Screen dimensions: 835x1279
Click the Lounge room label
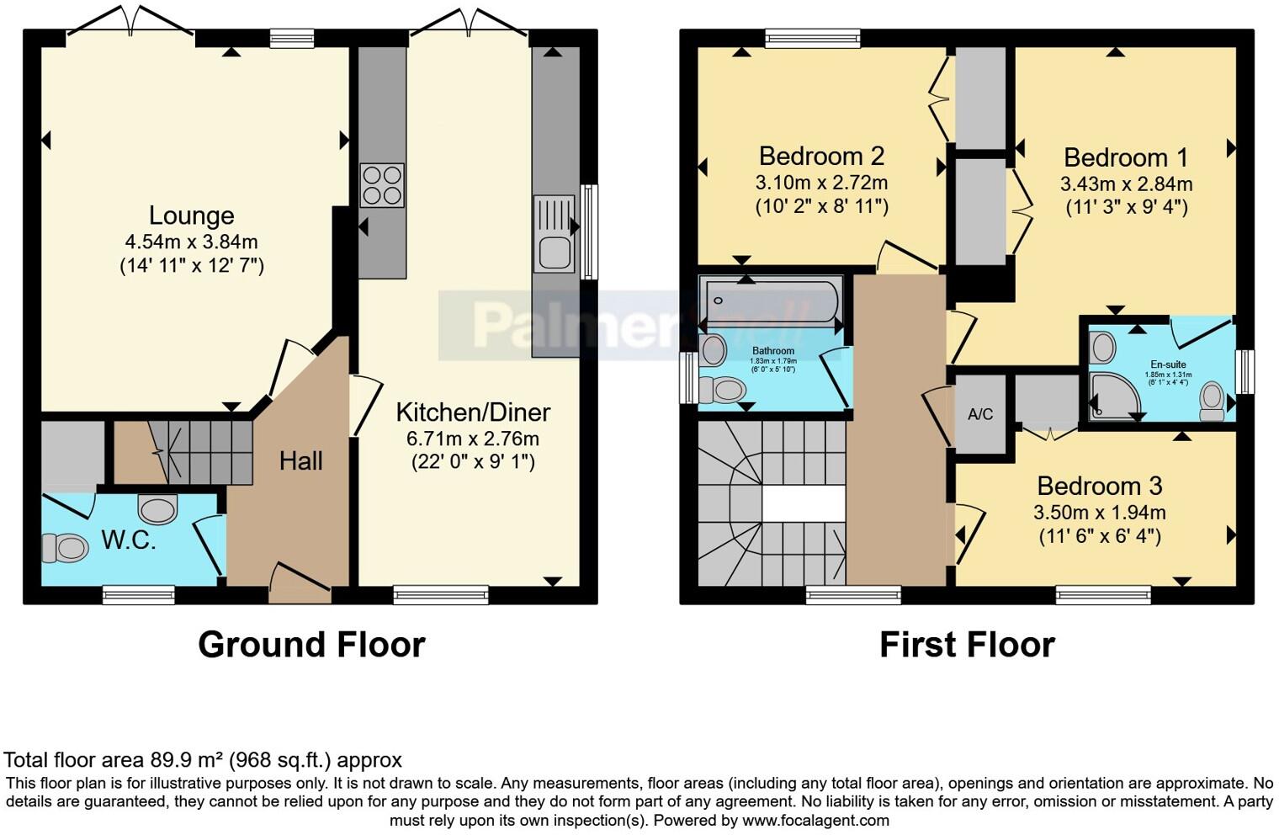(191, 215)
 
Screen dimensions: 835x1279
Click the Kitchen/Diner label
(473, 412)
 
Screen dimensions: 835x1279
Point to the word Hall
(300, 460)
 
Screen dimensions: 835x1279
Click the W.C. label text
(128, 540)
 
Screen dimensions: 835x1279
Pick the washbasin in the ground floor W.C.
(157, 508)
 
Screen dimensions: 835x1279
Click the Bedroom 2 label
(821, 156)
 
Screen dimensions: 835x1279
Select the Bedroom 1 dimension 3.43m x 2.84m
(1125, 183)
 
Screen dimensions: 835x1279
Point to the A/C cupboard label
(980, 414)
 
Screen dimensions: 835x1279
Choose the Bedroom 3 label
(1099, 486)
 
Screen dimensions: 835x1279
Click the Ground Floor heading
(311, 645)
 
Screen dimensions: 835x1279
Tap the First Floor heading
(967, 645)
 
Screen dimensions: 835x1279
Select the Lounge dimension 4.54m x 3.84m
(191, 242)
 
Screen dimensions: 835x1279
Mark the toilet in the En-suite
(1212, 400)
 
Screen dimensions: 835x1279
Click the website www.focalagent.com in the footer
(815, 820)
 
